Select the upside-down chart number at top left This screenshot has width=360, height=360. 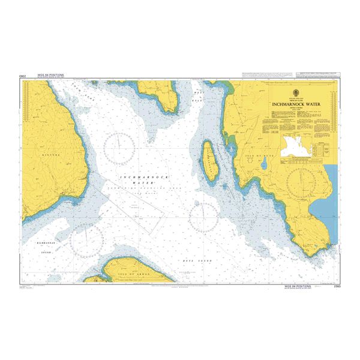(22, 77)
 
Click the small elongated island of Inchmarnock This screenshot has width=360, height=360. (210, 158)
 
